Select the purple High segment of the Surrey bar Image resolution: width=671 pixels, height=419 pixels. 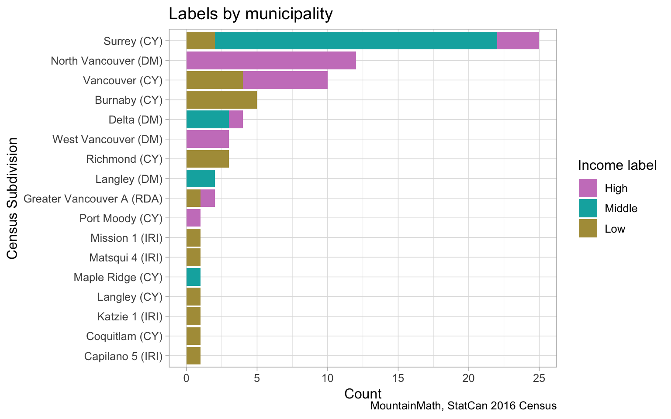click(x=518, y=41)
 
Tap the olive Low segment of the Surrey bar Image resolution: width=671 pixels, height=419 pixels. click(x=201, y=41)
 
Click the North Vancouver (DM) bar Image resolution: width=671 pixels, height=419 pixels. click(x=271, y=60)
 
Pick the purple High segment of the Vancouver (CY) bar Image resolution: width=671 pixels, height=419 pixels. click(x=285, y=80)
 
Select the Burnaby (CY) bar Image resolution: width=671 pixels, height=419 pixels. click(x=221, y=100)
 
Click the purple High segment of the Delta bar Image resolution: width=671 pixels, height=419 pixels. click(x=235, y=120)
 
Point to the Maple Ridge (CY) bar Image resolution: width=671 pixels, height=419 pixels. click(x=194, y=277)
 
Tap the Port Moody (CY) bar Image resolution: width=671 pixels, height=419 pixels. click(x=194, y=218)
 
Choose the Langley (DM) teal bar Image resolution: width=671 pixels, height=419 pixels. click(x=201, y=179)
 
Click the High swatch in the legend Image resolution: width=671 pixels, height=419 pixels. click(x=588, y=188)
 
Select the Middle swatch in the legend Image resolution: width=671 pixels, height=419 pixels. click(x=588, y=208)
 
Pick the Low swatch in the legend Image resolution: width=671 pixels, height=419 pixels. click(x=588, y=229)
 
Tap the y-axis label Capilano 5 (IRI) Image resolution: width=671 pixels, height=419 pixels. click(x=123, y=356)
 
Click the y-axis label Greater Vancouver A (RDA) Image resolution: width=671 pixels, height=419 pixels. click(x=93, y=199)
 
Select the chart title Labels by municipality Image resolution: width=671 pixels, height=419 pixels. click(x=250, y=14)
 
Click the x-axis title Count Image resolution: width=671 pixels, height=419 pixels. click(x=363, y=394)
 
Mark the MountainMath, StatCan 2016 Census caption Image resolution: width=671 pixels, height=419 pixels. click(x=463, y=406)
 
